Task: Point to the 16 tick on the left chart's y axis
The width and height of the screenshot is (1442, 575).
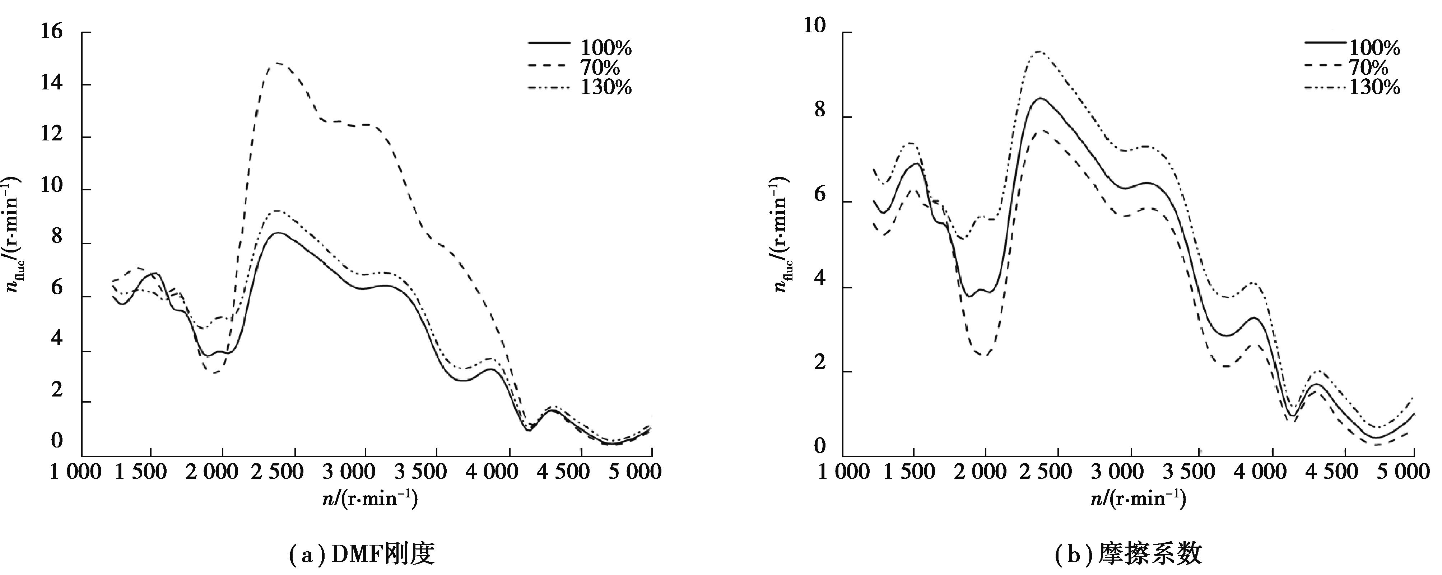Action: (x=51, y=32)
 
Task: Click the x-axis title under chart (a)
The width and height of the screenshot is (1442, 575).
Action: (x=369, y=498)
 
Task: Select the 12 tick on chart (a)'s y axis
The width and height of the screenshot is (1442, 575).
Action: (x=51, y=136)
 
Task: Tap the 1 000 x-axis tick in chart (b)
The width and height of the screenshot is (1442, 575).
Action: (x=843, y=472)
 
